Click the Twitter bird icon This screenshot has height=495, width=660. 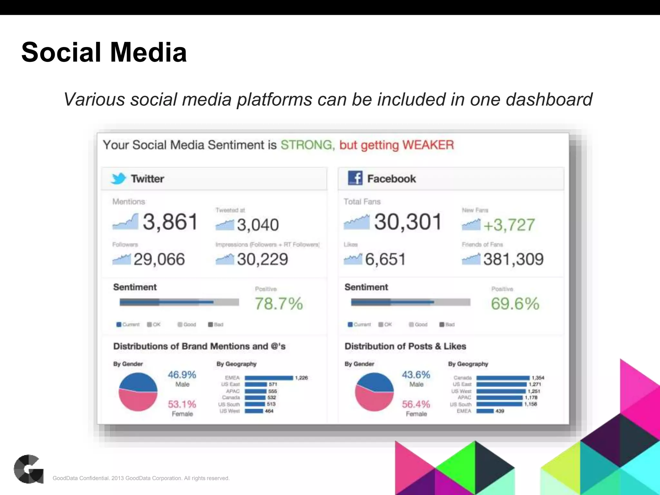pos(118,178)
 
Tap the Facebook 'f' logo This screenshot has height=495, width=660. pos(355,178)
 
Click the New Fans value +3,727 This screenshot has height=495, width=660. pos(509,225)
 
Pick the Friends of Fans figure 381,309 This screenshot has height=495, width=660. pos(513,259)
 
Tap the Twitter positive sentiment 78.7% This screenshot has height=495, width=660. pos(279,304)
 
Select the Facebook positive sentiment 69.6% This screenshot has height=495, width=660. pos(515,304)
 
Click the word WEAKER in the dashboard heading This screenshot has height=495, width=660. pos(428,145)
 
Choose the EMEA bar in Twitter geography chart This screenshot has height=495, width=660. pos(268,378)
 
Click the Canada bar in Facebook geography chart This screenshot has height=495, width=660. pos(503,378)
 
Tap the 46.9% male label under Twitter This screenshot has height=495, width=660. pos(182,375)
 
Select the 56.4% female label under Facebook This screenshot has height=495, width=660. pos(416,404)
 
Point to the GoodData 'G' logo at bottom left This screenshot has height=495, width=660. pos(29,469)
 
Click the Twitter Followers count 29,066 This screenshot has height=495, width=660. pos(159,259)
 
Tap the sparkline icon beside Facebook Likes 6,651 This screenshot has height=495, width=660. pos(353,259)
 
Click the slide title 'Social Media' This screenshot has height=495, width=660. pos(104,52)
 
